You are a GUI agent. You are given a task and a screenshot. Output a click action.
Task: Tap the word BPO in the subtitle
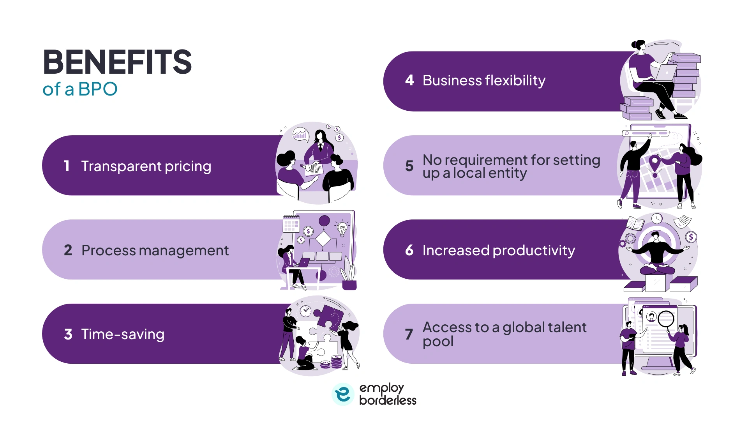pos(98,89)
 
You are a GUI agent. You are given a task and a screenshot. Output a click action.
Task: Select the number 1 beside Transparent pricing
pos(67,166)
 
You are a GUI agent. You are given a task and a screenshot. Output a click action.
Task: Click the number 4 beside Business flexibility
pos(409,80)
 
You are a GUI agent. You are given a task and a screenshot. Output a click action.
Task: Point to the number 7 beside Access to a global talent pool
pos(409,334)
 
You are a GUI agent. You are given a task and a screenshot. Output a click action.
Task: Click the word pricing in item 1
pos(188,166)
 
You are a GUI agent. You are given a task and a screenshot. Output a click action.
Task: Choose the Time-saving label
pos(123,334)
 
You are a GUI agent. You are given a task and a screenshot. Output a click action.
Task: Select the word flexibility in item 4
pos(515,81)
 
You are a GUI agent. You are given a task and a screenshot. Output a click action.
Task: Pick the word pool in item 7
pos(438,342)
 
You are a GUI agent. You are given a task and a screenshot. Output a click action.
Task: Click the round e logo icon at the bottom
pos(343,394)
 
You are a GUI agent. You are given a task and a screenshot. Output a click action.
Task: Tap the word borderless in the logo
pos(388,400)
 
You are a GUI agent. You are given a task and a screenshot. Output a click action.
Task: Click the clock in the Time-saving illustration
pos(305,311)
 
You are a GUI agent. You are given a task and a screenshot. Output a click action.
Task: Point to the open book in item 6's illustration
pos(635,224)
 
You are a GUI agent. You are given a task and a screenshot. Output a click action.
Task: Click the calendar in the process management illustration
pos(291,224)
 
